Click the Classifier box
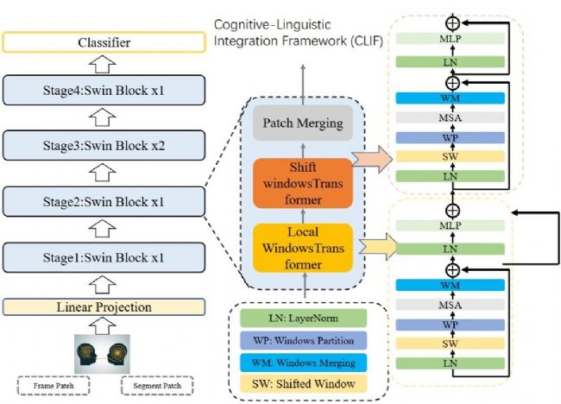pos(104,41)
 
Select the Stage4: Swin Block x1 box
pos(104,89)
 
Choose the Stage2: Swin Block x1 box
pos(104,203)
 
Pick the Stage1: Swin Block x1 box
pos(104,258)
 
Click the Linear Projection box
pos(104,307)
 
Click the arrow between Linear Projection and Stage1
pos(104,283)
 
